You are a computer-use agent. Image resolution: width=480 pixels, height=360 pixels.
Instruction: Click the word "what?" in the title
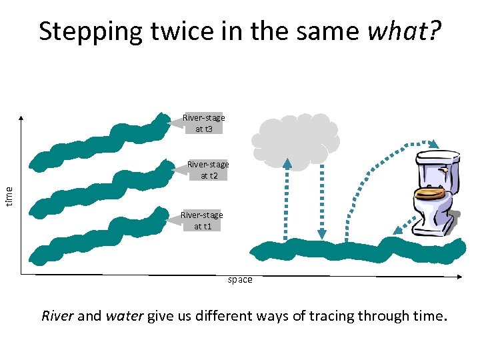404,31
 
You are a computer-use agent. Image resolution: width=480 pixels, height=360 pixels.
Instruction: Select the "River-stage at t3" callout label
203,123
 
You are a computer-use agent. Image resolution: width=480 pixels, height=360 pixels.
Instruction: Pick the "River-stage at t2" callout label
207,169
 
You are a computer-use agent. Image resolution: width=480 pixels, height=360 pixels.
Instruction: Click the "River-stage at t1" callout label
202,220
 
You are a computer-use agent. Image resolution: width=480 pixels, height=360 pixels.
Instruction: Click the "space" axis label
240,280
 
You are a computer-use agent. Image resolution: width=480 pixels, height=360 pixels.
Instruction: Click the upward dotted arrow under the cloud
287,200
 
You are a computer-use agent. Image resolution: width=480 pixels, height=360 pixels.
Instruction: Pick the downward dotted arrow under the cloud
321,200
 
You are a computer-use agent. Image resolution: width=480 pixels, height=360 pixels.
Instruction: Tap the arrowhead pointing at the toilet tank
434,143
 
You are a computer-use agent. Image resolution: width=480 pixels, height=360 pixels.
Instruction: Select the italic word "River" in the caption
58,315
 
